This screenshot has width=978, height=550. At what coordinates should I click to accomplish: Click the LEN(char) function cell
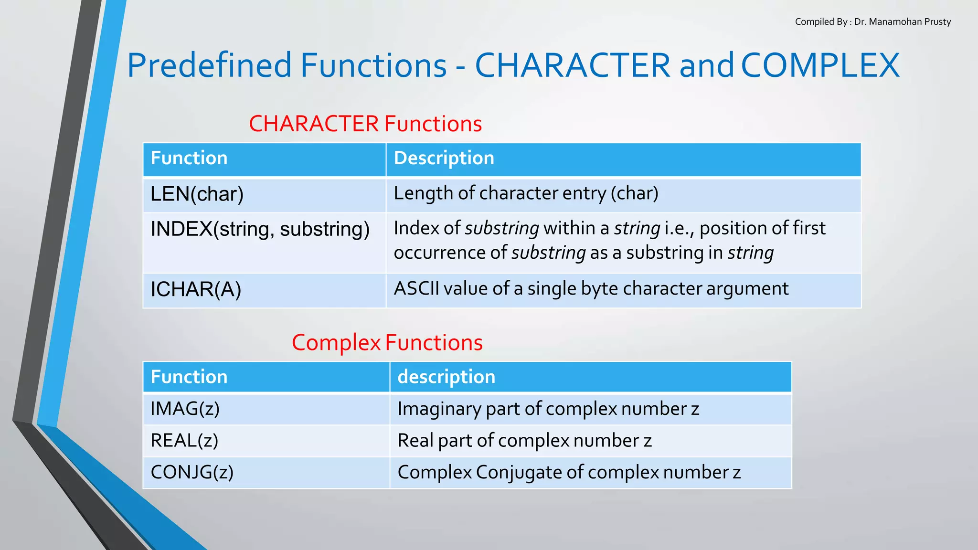[197, 194]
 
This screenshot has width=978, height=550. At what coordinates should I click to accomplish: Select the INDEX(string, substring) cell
[260, 229]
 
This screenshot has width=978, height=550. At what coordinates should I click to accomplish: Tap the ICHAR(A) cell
[196, 289]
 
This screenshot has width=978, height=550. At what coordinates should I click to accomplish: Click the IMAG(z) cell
[185, 409]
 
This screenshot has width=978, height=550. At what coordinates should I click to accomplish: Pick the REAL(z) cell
[184, 440]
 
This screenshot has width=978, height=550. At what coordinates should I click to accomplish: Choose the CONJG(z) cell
[192, 472]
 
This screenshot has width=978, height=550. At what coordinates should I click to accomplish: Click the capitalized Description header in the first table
[444, 159]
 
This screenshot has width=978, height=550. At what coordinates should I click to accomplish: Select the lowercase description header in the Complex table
[446, 377]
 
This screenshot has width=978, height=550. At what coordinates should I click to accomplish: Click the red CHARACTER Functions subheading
[365, 124]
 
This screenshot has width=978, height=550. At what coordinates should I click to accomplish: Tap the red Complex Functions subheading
[387, 343]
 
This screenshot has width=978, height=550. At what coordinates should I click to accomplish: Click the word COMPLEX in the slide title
[820, 65]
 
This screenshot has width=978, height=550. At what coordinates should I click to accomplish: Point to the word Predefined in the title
[209, 65]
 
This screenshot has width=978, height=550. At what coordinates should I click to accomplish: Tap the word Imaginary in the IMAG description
[439, 409]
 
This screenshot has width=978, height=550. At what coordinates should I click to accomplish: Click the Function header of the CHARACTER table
[189, 159]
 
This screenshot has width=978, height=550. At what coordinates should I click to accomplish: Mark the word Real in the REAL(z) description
[415, 440]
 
